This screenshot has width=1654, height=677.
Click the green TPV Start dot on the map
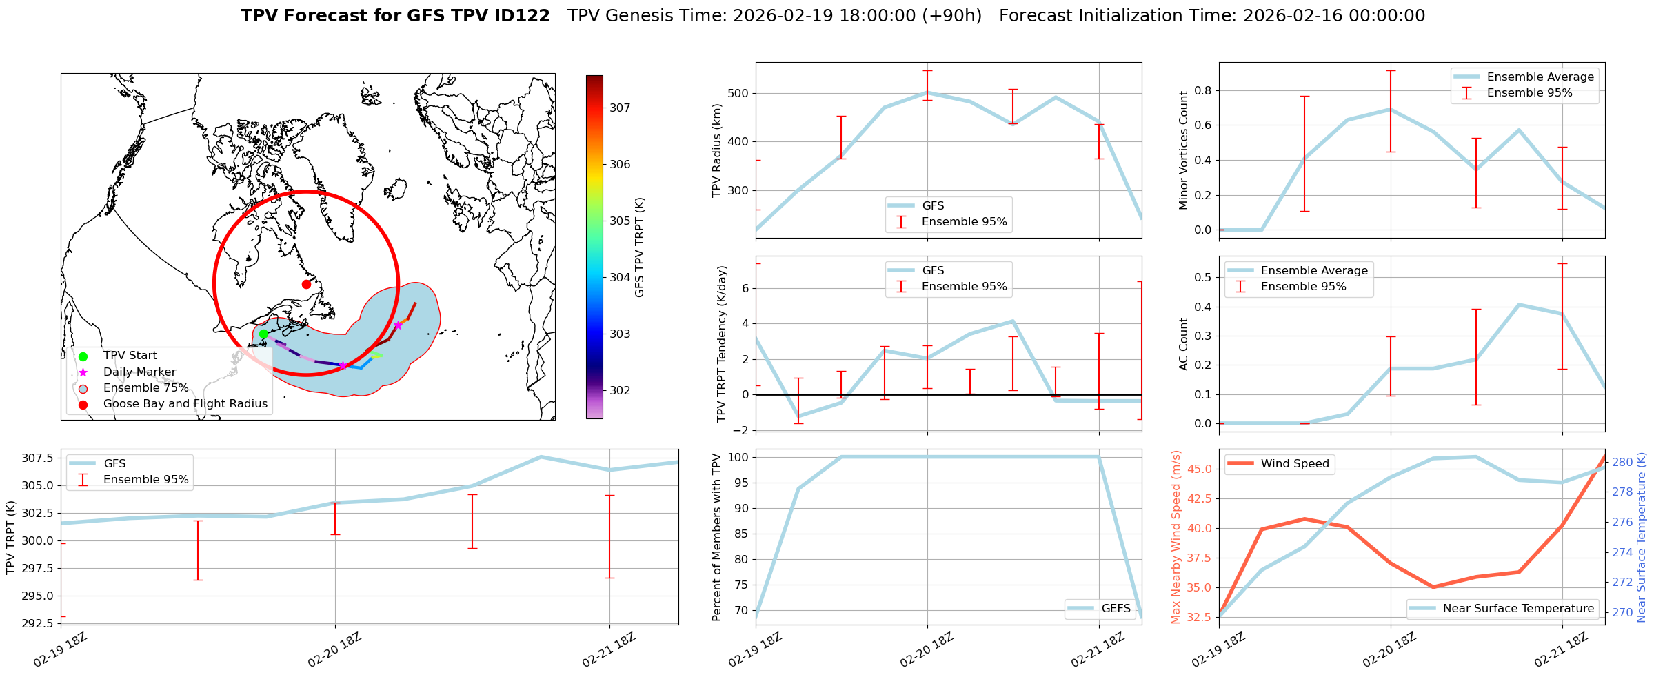click(x=263, y=334)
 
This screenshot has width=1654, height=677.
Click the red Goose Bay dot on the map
click(x=306, y=284)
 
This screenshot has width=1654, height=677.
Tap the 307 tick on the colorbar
click(x=620, y=108)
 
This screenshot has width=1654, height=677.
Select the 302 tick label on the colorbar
click(x=620, y=390)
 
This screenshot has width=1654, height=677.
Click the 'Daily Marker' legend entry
click(x=139, y=372)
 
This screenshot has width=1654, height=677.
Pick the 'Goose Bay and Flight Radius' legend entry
click(x=185, y=404)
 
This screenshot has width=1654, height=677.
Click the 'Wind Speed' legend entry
click(x=1294, y=464)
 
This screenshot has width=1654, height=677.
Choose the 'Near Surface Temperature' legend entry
click(x=1518, y=608)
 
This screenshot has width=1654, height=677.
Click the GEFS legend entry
click(x=1116, y=608)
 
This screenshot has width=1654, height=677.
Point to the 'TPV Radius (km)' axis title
click(x=717, y=150)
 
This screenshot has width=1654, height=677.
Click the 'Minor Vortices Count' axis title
click(x=1184, y=150)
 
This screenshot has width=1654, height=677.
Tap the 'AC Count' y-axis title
click(x=1184, y=344)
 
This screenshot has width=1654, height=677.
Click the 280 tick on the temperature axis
click(x=1622, y=462)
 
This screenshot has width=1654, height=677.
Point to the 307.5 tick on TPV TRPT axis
click(x=38, y=458)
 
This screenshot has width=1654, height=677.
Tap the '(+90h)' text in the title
click(x=951, y=16)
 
